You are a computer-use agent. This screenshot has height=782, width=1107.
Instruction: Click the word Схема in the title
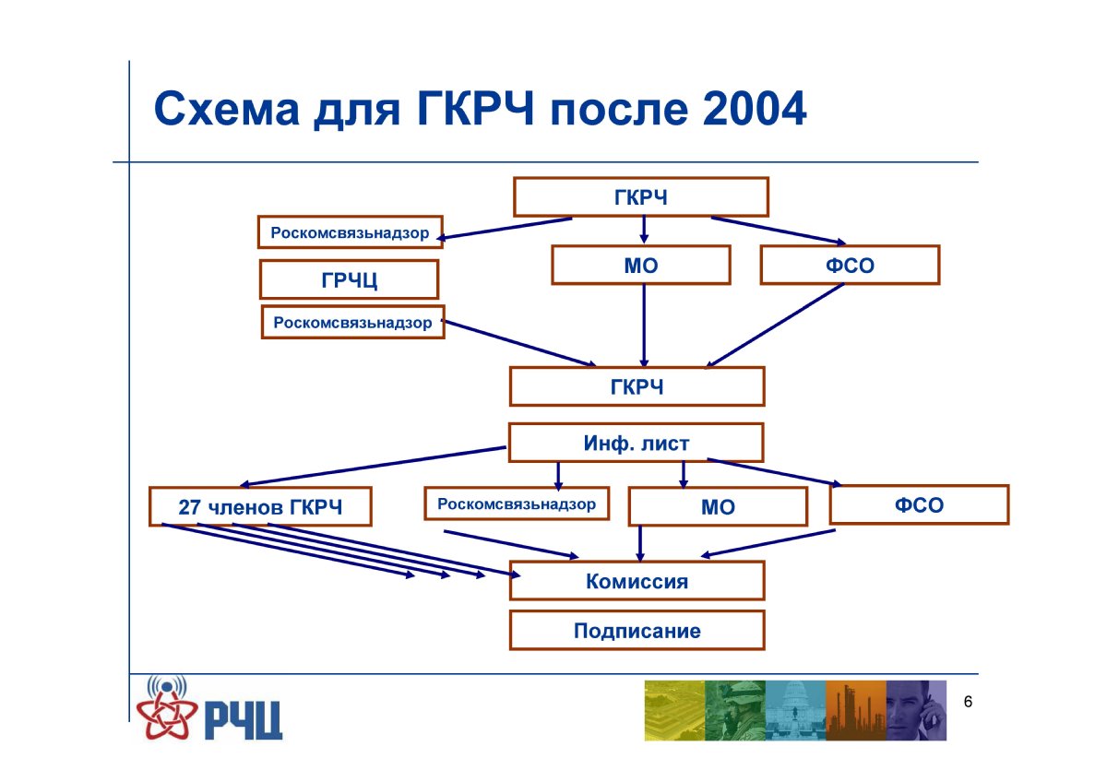[x=227, y=109]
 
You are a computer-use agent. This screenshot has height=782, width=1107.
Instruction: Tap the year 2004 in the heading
[x=755, y=109]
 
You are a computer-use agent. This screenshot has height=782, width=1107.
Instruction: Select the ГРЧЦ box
[x=349, y=279]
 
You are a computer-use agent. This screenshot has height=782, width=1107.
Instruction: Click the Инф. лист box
[x=636, y=443]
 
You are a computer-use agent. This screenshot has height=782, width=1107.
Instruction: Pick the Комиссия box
[x=637, y=580]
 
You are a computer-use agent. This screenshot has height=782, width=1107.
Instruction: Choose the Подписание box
[x=637, y=631]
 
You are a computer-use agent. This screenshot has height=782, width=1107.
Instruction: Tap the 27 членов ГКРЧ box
[x=260, y=506]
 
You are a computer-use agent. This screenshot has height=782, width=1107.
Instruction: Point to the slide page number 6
[x=968, y=702]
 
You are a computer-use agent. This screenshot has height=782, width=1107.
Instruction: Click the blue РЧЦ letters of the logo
[x=244, y=721]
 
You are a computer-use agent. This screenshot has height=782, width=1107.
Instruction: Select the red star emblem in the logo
[x=167, y=715]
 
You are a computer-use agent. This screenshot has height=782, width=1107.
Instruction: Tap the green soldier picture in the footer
[x=735, y=710]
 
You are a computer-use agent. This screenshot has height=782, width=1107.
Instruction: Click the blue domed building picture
[x=795, y=710]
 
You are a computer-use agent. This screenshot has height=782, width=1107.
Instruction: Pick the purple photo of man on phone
[x=916, y=710]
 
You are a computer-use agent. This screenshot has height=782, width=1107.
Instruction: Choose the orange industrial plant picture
[x=856, y=710]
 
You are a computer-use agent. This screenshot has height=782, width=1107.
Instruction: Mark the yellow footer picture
[x=674, y=710]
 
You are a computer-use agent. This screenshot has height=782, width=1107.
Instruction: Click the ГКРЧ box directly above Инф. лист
[x=637, y=386]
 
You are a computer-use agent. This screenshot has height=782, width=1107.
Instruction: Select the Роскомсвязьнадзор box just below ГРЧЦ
[x=352, y=322]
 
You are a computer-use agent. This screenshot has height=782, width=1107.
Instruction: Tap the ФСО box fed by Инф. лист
[x=919, y=504]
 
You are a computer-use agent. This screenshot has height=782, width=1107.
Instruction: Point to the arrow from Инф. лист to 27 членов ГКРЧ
[x=374, y=467]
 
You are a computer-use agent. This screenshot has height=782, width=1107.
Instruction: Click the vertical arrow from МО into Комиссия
[x=640, y=543]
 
